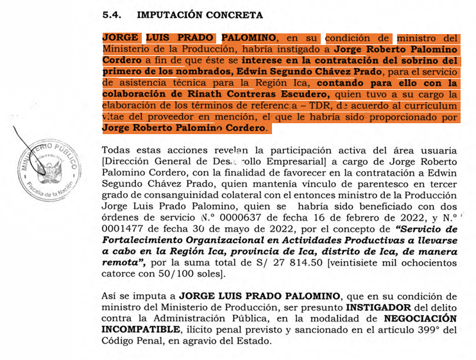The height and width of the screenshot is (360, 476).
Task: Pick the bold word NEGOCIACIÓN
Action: [421, 318]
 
